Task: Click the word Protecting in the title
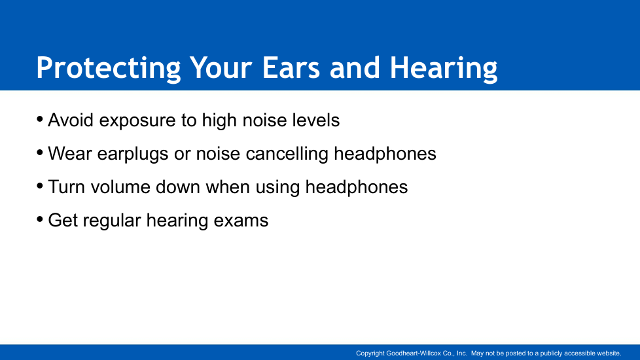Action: click(x=108, y=68)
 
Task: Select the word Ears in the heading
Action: click(x=291, y=67)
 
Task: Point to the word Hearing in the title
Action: click(x=444, y=68)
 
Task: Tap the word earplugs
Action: click(x=133, y=155)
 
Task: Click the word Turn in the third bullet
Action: click(x=67, y=187)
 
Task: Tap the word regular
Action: click(x=113, y=222)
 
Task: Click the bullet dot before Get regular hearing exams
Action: click(x=40, y=219)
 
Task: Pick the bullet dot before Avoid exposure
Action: click(x=40, y=119)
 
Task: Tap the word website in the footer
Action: click(x=609, y=353)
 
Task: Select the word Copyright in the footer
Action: click(x=370, y=353)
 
